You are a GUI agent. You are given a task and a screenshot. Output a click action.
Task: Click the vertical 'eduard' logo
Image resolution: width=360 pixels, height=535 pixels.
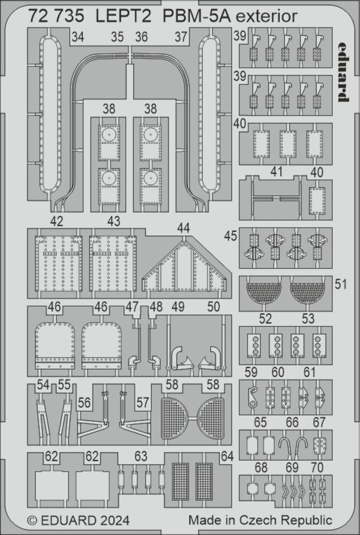343,72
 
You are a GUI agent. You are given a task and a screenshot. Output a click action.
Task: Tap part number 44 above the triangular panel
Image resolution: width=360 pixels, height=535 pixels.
183,227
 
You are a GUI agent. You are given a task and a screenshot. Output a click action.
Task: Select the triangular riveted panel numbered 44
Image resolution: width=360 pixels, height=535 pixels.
185,265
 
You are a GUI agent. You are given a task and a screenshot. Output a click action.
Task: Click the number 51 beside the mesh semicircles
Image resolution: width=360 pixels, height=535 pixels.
340,284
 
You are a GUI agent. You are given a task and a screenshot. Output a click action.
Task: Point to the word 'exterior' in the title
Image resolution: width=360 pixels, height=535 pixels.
266,16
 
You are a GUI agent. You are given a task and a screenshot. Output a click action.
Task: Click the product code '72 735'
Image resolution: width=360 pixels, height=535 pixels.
56,16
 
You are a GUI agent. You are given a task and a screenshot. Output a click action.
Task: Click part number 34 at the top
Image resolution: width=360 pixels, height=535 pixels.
78,36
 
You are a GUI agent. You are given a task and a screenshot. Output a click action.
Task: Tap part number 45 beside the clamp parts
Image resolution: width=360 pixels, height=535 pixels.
231,236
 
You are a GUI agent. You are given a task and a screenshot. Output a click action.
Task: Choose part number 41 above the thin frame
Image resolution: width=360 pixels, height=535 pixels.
277,172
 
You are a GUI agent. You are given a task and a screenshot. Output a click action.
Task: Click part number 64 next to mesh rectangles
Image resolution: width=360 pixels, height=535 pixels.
227,456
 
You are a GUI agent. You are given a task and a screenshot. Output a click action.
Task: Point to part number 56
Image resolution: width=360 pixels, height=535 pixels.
84,403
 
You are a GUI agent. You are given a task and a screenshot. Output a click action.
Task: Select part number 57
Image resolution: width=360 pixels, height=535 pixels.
143,403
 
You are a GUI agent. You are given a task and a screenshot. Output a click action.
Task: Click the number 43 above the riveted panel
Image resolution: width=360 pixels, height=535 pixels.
113,221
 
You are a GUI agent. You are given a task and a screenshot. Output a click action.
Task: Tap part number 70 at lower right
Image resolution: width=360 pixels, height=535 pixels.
317,468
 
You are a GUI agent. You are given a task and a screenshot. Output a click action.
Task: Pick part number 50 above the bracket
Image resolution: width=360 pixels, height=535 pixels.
213,307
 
